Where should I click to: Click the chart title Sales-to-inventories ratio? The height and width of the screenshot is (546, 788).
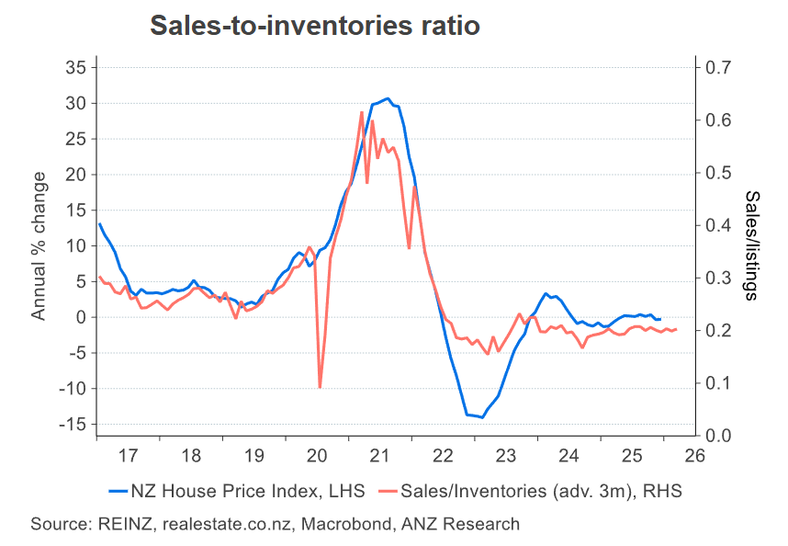(314, 27)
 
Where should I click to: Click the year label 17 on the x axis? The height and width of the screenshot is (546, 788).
(128, 455)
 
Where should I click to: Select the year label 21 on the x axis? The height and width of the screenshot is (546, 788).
(380, 455)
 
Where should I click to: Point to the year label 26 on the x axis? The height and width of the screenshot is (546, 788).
(694, 455)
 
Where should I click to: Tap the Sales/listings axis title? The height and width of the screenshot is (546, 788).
(751, 245)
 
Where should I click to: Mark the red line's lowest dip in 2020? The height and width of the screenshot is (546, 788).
(320, 387)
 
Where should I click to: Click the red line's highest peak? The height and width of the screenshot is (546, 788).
(362, 112)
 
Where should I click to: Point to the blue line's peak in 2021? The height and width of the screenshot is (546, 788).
(388, 98)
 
